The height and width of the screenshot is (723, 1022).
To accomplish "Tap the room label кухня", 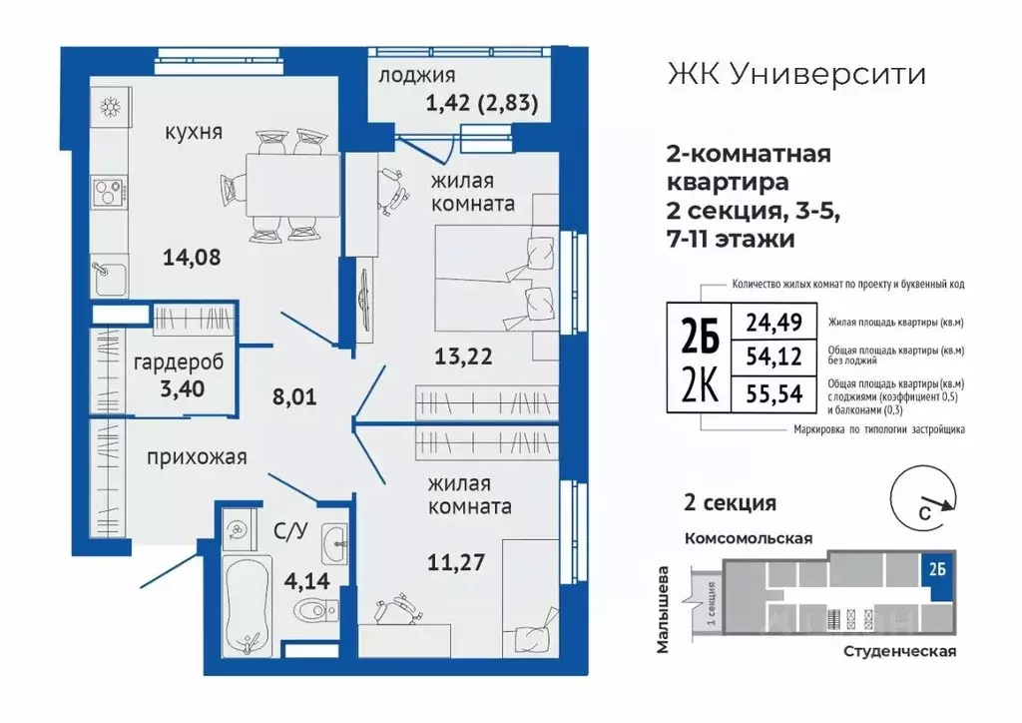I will tap(195, 133).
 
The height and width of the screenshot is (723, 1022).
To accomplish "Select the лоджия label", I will tap(418, 75).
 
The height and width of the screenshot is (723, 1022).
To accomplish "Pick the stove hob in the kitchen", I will tap(105, 190).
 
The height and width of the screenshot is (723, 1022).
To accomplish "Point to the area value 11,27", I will tap(458, 561).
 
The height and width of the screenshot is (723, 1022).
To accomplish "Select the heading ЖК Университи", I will tap(793, 74).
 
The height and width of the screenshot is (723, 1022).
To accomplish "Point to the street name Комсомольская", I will tap(748, 537).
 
